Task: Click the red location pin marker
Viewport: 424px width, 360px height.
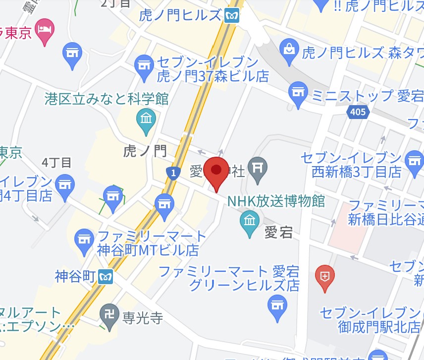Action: coord(216,171)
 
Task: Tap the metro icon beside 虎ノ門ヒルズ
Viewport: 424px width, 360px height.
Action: coord(230,16)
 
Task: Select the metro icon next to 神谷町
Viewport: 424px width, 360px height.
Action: coord(105,276)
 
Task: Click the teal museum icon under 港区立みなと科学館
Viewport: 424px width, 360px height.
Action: coord(146,120)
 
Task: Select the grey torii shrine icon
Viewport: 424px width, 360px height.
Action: coord(258,167)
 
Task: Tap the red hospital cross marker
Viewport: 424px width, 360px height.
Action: coord(324,274)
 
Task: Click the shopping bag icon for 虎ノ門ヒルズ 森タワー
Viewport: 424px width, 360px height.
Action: coord(288,49)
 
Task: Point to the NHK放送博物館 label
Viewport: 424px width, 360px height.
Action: coord(276,201)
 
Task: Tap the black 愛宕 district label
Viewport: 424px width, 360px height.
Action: coord(278,232)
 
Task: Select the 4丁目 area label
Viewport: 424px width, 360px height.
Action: coord(57,162)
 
